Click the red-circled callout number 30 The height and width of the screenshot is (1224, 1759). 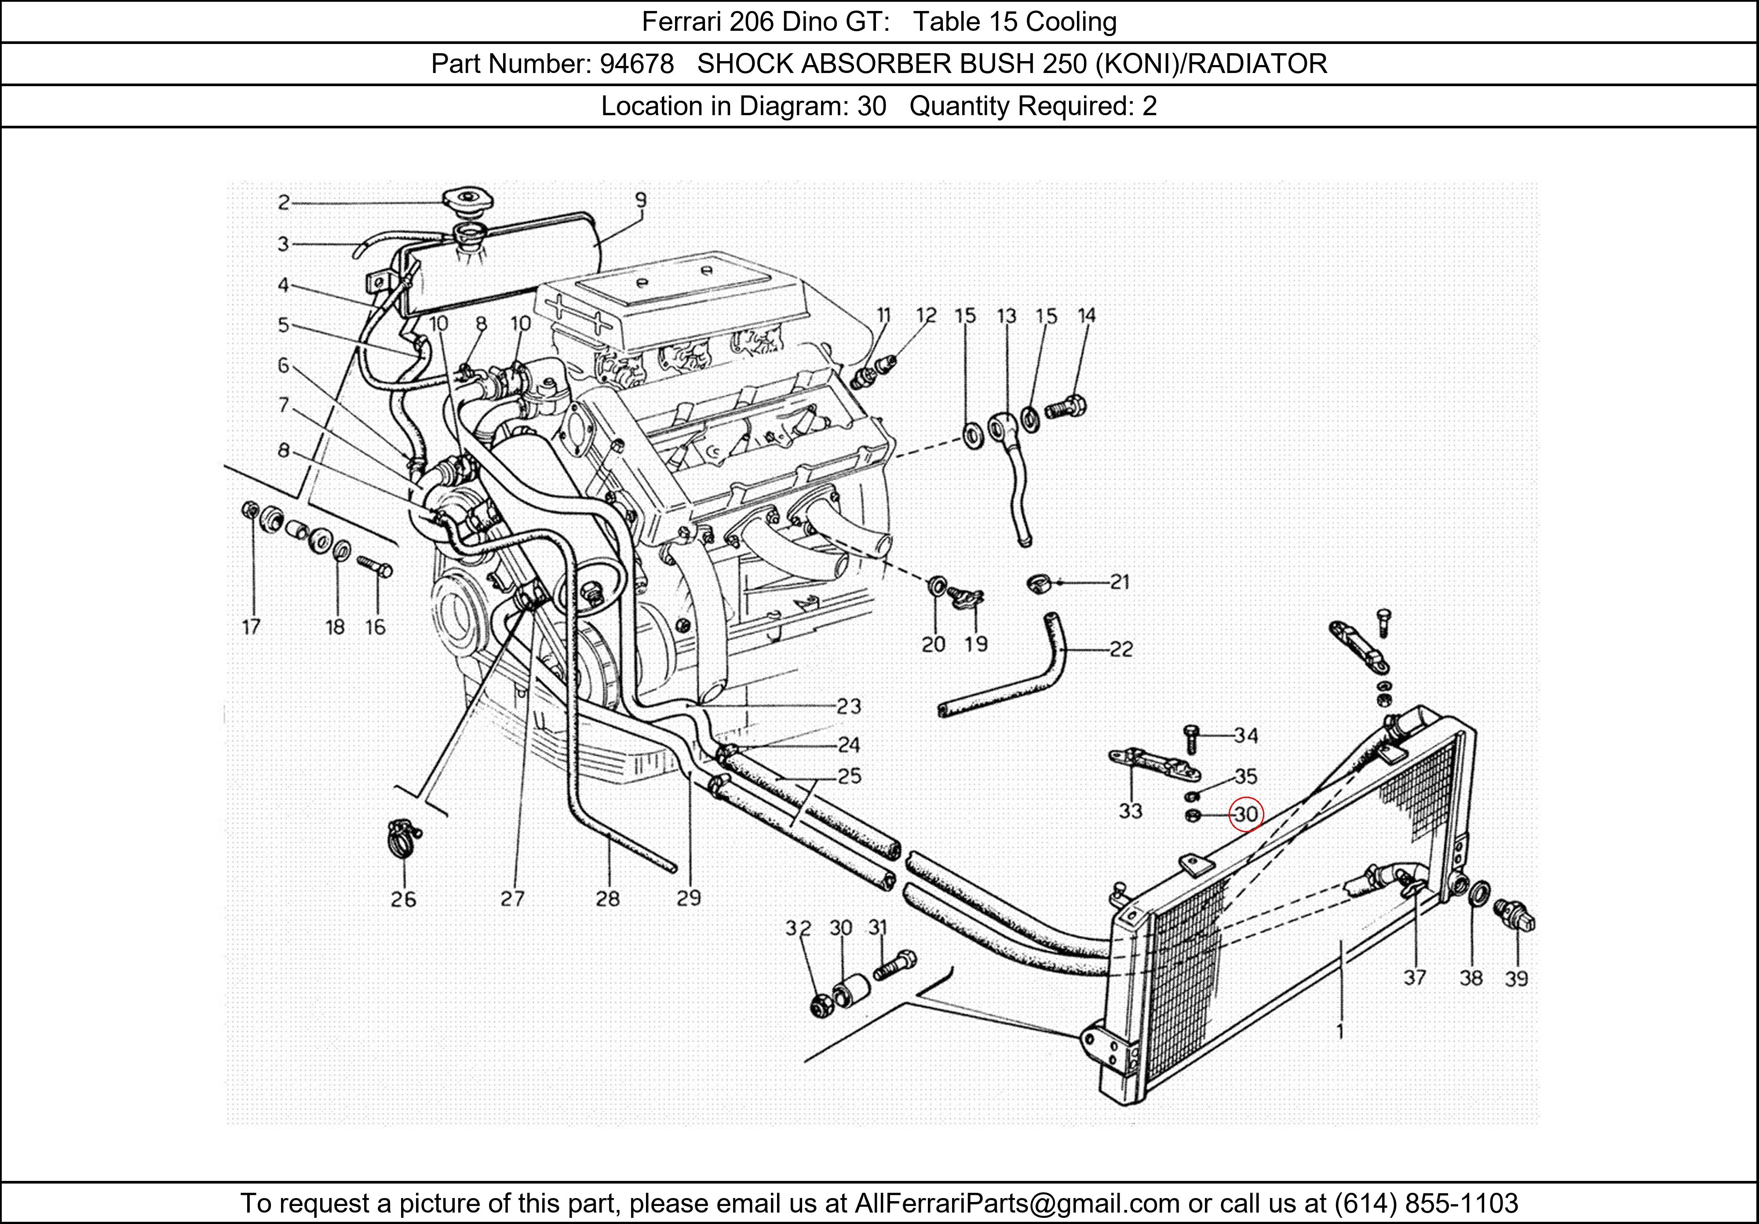coord(1246,814)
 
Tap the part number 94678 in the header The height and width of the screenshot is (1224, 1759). coord(637,64)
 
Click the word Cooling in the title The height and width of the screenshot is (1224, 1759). coord(1071,22)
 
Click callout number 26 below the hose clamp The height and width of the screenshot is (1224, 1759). coord(403,899)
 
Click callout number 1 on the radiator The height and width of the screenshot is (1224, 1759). coord(1340,1032)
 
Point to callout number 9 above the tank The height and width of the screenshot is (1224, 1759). coord(640,200)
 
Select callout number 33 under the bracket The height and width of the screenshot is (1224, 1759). coord(1130,810)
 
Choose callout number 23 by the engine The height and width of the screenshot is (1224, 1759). coord(848,706)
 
